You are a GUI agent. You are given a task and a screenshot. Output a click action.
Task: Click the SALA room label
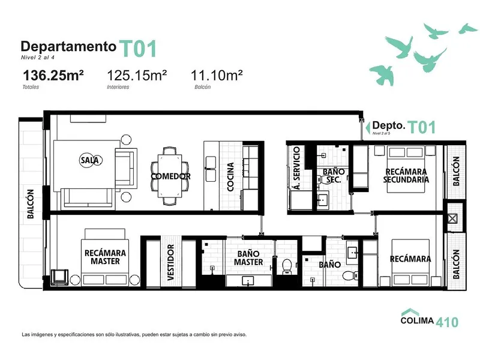89,160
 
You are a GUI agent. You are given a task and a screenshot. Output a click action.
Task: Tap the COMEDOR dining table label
171,176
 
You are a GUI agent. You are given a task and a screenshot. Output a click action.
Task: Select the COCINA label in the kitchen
230,177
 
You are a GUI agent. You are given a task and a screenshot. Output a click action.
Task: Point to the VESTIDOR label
170,262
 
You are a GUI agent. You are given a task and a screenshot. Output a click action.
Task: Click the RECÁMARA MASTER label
106,257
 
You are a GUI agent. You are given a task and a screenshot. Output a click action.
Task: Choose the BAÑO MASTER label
248,258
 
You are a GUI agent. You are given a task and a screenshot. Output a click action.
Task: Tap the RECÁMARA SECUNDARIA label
406,175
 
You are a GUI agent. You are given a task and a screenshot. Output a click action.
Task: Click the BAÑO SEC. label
334,175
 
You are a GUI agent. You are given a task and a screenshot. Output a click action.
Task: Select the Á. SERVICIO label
296,168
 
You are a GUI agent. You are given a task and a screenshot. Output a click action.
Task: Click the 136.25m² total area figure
53,76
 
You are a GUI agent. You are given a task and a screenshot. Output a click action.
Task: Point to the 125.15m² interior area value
137,76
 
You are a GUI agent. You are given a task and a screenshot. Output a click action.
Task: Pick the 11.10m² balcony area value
217,76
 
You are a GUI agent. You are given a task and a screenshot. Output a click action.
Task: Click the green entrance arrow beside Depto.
368,128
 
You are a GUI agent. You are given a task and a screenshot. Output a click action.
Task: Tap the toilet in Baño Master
287,266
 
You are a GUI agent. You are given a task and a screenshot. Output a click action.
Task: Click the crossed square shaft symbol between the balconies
452,218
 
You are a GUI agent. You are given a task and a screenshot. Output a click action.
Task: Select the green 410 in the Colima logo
447,322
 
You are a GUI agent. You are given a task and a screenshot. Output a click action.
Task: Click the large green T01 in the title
138,49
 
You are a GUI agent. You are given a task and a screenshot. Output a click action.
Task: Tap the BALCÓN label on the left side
31,204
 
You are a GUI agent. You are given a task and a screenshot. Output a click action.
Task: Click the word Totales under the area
31,87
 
